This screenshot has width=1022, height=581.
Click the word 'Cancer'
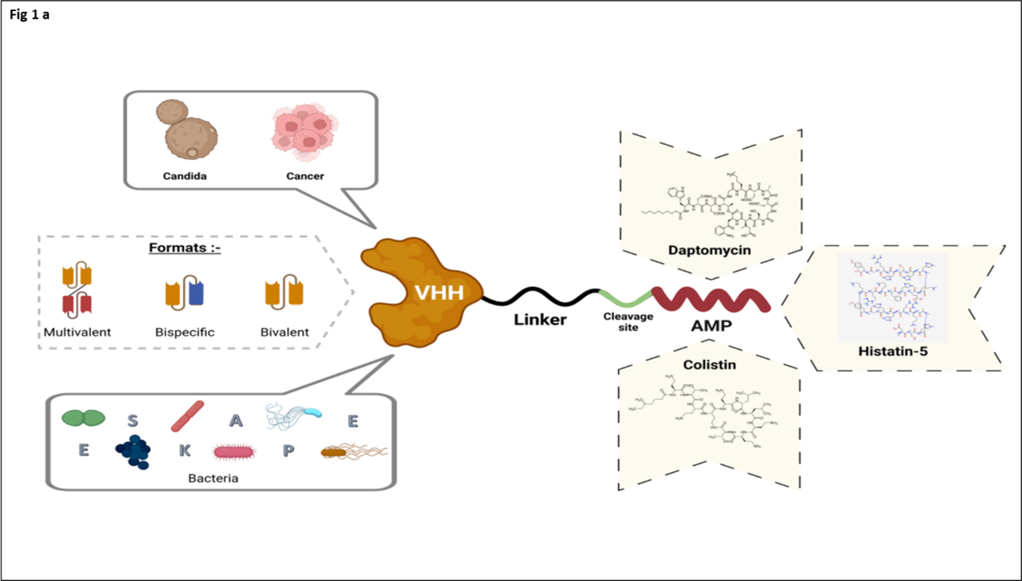pos(304,176)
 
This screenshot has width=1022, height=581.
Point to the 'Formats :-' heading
pos(185,248)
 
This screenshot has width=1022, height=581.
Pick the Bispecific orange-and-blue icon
pos(184,293)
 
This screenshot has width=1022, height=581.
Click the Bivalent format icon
pos(284,292)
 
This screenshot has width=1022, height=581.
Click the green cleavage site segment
pos(627,298)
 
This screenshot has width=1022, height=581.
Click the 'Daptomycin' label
pos(710,251)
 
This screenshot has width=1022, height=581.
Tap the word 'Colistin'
pos(709,364)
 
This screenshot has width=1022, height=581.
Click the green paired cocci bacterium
pos(83,417)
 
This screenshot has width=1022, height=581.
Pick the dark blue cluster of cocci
pos(133,452)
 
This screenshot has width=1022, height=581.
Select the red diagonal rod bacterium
pos(188,416)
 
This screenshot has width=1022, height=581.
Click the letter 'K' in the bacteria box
pos(184,451)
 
